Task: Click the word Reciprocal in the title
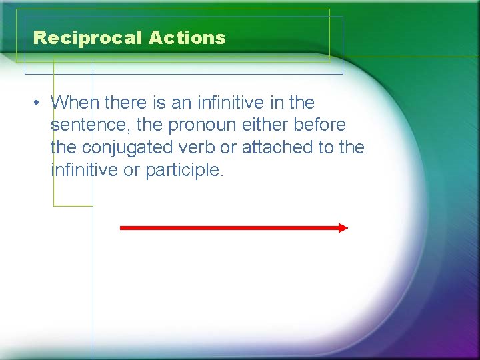coord(87,38)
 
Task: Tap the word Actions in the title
coord(187,38)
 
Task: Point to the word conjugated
coord(125,147)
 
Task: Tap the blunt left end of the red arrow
coord(122,228)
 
